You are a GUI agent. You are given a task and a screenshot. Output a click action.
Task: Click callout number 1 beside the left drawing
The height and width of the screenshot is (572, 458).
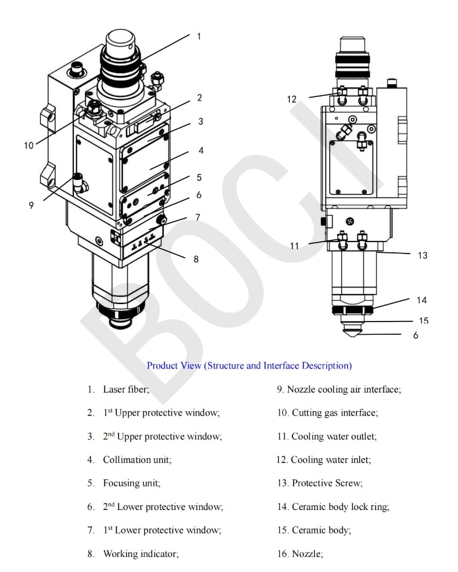point(199,36)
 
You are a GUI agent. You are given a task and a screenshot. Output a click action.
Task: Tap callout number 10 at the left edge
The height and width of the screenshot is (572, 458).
point(29,146)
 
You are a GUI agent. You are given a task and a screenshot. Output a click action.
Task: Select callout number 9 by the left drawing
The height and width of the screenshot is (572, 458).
point(31,205)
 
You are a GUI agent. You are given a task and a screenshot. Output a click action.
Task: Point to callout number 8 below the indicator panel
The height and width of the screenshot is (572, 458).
point(196,260)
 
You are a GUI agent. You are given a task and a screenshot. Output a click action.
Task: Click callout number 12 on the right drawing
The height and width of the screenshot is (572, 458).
point(292,99)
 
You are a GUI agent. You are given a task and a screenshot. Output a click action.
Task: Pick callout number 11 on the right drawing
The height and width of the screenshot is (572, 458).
point(294,246)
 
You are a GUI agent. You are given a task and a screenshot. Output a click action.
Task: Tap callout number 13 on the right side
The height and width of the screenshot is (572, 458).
point(422,255)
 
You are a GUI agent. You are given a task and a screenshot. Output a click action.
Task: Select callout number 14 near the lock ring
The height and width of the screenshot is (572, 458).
point(422,300)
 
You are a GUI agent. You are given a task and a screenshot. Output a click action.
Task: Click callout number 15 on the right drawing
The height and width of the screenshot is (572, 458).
point(424,321)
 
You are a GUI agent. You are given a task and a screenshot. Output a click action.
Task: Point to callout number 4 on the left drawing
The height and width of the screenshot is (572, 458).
point(201,151)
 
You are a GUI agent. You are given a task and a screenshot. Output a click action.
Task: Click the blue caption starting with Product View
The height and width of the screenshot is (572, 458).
point(249,365)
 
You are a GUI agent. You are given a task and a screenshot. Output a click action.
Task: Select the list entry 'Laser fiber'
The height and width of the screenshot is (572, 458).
point(126,390)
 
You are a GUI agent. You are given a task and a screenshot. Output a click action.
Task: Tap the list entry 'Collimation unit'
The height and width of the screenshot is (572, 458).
point(137,459)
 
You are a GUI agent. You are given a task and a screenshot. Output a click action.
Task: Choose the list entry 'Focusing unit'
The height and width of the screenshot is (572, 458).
point(131,483)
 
